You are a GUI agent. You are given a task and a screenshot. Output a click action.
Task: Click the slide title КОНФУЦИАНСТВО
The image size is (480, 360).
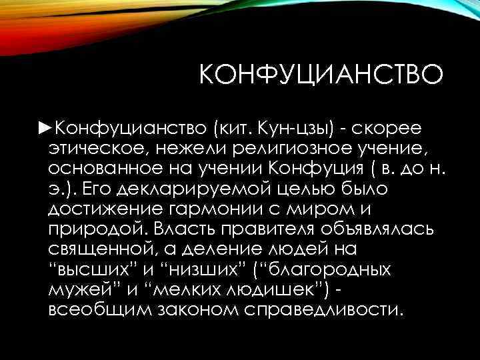click(320, 74)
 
